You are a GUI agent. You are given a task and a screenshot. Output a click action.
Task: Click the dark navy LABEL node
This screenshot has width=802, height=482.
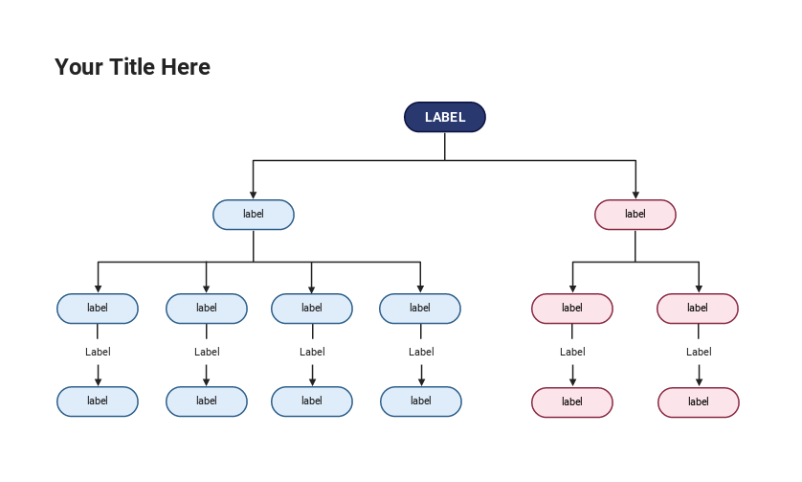tap(445, 117)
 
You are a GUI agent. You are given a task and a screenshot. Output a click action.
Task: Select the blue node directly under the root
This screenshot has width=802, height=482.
tap(254, 215)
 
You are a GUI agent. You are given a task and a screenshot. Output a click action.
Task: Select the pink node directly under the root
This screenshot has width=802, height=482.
tap(635, 215)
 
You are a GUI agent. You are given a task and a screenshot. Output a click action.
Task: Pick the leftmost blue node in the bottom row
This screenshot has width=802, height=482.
tap(98, 402)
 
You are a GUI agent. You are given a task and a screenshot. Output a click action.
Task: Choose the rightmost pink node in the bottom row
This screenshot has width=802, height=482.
tap(699, 402)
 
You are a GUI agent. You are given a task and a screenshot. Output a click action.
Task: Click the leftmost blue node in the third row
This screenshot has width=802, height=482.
tap(98, 309)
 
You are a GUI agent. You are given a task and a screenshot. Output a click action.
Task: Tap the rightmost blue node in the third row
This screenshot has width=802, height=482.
tap(420, 309)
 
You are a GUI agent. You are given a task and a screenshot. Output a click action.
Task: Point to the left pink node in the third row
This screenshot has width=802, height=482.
tap(572, 309)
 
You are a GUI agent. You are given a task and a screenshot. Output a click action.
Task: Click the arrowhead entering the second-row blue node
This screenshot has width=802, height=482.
tap(254, 195)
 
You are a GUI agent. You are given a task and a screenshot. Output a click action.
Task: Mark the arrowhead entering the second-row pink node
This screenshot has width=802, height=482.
tap(635, 195)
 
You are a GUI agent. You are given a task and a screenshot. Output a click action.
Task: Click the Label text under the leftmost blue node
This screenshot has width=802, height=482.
tap(98, 352)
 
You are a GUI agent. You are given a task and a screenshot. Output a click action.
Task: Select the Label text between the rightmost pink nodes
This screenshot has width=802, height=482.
tap(699, 352)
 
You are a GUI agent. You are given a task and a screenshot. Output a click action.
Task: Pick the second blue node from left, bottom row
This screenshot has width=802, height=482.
tap(207, 402)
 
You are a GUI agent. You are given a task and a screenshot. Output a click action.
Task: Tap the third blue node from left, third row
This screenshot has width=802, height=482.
tap(312, 309)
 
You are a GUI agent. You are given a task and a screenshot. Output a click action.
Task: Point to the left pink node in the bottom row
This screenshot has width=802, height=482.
tap(572, 402)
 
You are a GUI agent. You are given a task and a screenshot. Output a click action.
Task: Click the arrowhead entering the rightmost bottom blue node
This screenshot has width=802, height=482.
tap(421, 381)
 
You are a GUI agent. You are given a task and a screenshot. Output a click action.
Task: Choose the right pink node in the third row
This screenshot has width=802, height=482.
tap(698, 309)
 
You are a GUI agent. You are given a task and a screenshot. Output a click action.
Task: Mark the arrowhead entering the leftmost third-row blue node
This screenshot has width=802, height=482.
tap(98, 288)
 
